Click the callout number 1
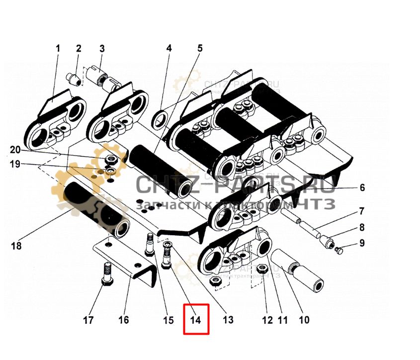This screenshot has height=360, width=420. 57,49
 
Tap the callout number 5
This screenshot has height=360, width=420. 200,48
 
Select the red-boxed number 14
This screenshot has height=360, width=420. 196,320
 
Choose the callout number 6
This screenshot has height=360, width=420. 362,187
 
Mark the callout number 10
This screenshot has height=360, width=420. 303,320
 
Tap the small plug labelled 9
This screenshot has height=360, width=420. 339,250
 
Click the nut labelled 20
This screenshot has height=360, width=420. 112,160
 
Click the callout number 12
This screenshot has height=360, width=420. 267,320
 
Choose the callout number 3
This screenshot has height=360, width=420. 102,49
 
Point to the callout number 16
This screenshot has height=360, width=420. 123,320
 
